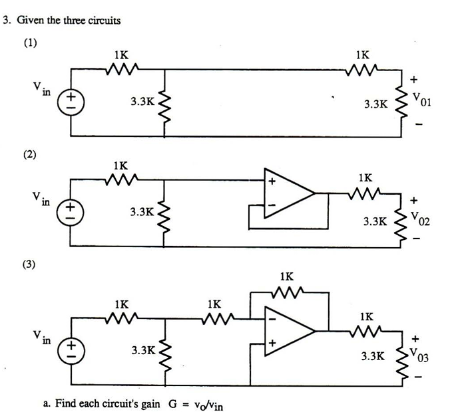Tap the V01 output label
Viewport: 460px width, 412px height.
[421, 102]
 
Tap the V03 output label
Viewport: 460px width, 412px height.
[421, 356]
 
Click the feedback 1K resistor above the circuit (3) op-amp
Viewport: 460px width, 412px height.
[288, 290]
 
